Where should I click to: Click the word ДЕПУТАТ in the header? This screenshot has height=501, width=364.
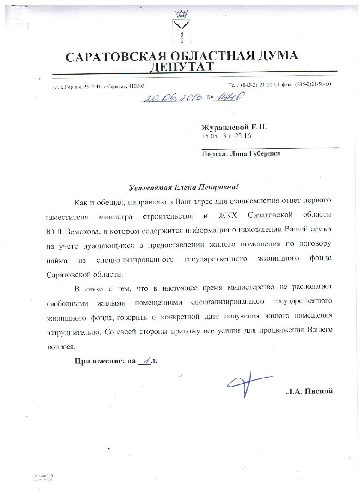pyautogui.click(x=181, y=66)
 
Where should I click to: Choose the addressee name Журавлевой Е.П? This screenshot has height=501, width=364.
pyautogui.click(x=236, y=128)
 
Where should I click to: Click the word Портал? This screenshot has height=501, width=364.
pyautogui.click(x=215, y=154)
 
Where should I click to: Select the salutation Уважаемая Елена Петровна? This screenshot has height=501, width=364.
pyautogui.click(x=183, y=188)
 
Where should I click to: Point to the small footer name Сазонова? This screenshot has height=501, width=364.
pyautogui.click(x=39, y=476)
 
